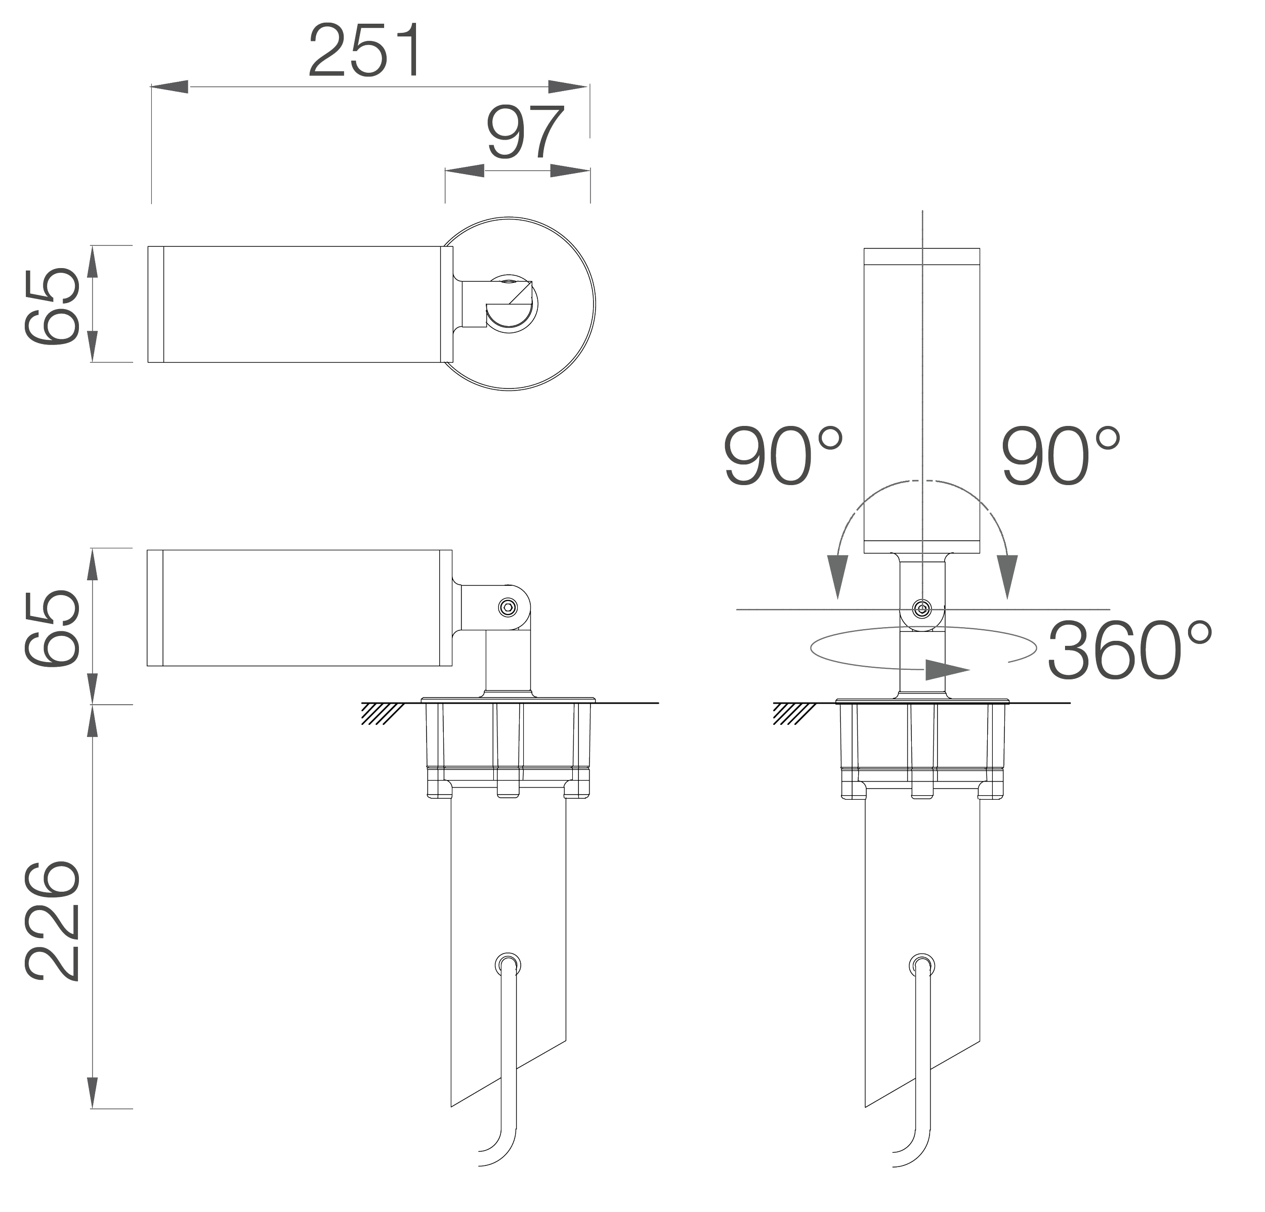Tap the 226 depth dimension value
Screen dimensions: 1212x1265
[52, 920]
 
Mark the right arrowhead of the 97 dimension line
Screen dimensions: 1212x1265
[571, 170]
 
